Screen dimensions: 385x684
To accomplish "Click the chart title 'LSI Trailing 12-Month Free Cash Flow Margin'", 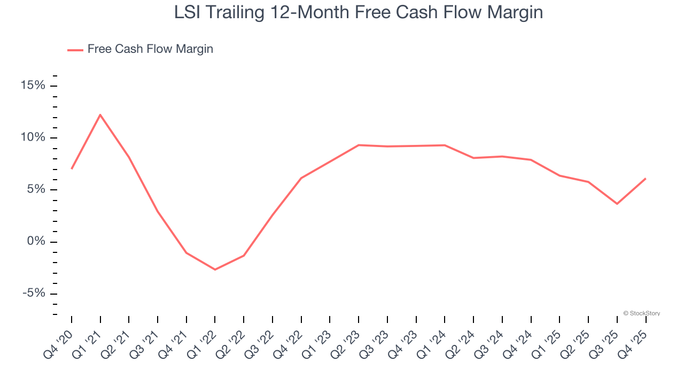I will (358, 12).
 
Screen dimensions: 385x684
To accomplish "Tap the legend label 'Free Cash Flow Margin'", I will (150, 49).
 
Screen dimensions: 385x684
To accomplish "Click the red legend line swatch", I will (75, 50).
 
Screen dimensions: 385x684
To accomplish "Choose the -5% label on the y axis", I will (33, 294).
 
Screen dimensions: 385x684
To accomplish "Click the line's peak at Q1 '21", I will (100, 114).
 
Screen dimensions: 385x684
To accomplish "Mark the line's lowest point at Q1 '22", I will (215, 269).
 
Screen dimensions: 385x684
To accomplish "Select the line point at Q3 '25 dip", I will (617, 204).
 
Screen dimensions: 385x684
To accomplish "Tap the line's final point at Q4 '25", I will (646, 179).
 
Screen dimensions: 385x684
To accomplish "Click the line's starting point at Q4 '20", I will (72, 168).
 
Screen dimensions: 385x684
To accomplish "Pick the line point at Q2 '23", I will (359, 145).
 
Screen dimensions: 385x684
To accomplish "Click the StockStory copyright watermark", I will (641, 313).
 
